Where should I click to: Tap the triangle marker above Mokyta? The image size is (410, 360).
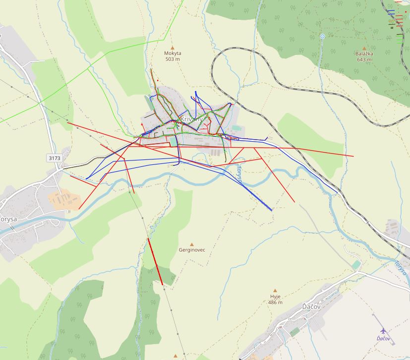pyautogui.click(x=173, y=48)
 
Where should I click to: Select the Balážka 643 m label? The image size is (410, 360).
pyautogui.click(x=364, y=56)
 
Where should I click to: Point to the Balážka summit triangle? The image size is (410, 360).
pyautogui.click(x=364, y=48)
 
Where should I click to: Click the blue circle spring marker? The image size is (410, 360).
pyautogui.click(x=322, y=36)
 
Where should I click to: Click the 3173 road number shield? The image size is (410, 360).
pyautogui.click(x=55, y=158)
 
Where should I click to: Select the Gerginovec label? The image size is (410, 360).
pyautogui.click(x=192, y=250)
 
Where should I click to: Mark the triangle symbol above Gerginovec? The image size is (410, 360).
pyautogui.click(x=192, y=244)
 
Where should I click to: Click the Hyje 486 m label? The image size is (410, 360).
pyautogui.click(x=275, y=299)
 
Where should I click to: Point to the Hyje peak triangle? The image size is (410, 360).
pyautogui.click(x=275, y=291)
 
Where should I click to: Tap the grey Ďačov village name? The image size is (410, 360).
pyautogui.click(x=312, y=307)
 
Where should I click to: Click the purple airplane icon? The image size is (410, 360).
pyautogui.click(x=383, y=330)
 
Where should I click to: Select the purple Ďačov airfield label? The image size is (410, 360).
pyautogui.click(x=383, y=338)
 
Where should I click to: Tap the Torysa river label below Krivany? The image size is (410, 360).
pyautogui.click(x=238, y=174)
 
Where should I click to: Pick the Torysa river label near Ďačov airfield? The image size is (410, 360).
pyautogui.click(x=401, y=267)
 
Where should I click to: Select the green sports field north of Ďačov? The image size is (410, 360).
pyautogui.click(x=356, y=265)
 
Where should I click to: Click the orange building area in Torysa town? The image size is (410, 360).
pyautogui.click(x=63, y=199)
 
